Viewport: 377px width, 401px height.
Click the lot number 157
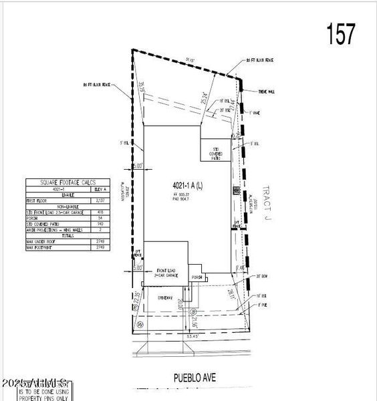click(341, 33)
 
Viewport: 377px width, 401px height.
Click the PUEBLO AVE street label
click(189, 378)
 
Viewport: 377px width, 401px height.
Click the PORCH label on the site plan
click(197, 277)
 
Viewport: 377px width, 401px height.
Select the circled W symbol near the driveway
click(141, 324)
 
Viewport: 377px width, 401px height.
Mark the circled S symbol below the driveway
click(193, 312)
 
